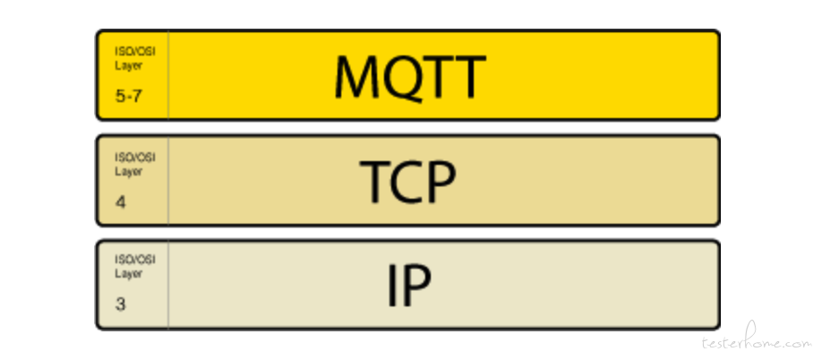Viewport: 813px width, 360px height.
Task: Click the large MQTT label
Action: (410, 77)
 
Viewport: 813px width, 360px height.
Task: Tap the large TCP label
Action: (408, 182)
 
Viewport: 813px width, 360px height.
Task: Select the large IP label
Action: (409, 286)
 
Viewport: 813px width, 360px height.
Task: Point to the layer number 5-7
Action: (129, 96)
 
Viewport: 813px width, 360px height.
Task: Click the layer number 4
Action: (121, 201)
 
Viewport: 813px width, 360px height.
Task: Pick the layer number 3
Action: (120, 304)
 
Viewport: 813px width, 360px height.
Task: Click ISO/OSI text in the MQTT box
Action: (135, 52)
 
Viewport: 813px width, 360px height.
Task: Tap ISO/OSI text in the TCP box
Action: (135, 158)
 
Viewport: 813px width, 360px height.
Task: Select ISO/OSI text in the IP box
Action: (135, 260)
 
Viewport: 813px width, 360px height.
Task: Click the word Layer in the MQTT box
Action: (128, 66)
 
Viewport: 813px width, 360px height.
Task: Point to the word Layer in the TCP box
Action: (128, 171)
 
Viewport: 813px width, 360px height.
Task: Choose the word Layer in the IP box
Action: (128, 273)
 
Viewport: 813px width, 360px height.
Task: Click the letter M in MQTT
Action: (356, 76)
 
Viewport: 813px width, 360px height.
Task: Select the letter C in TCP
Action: (407, 182)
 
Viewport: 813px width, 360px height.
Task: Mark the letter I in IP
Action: (392, 286)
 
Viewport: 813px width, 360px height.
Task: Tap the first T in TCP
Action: (374, 182)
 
